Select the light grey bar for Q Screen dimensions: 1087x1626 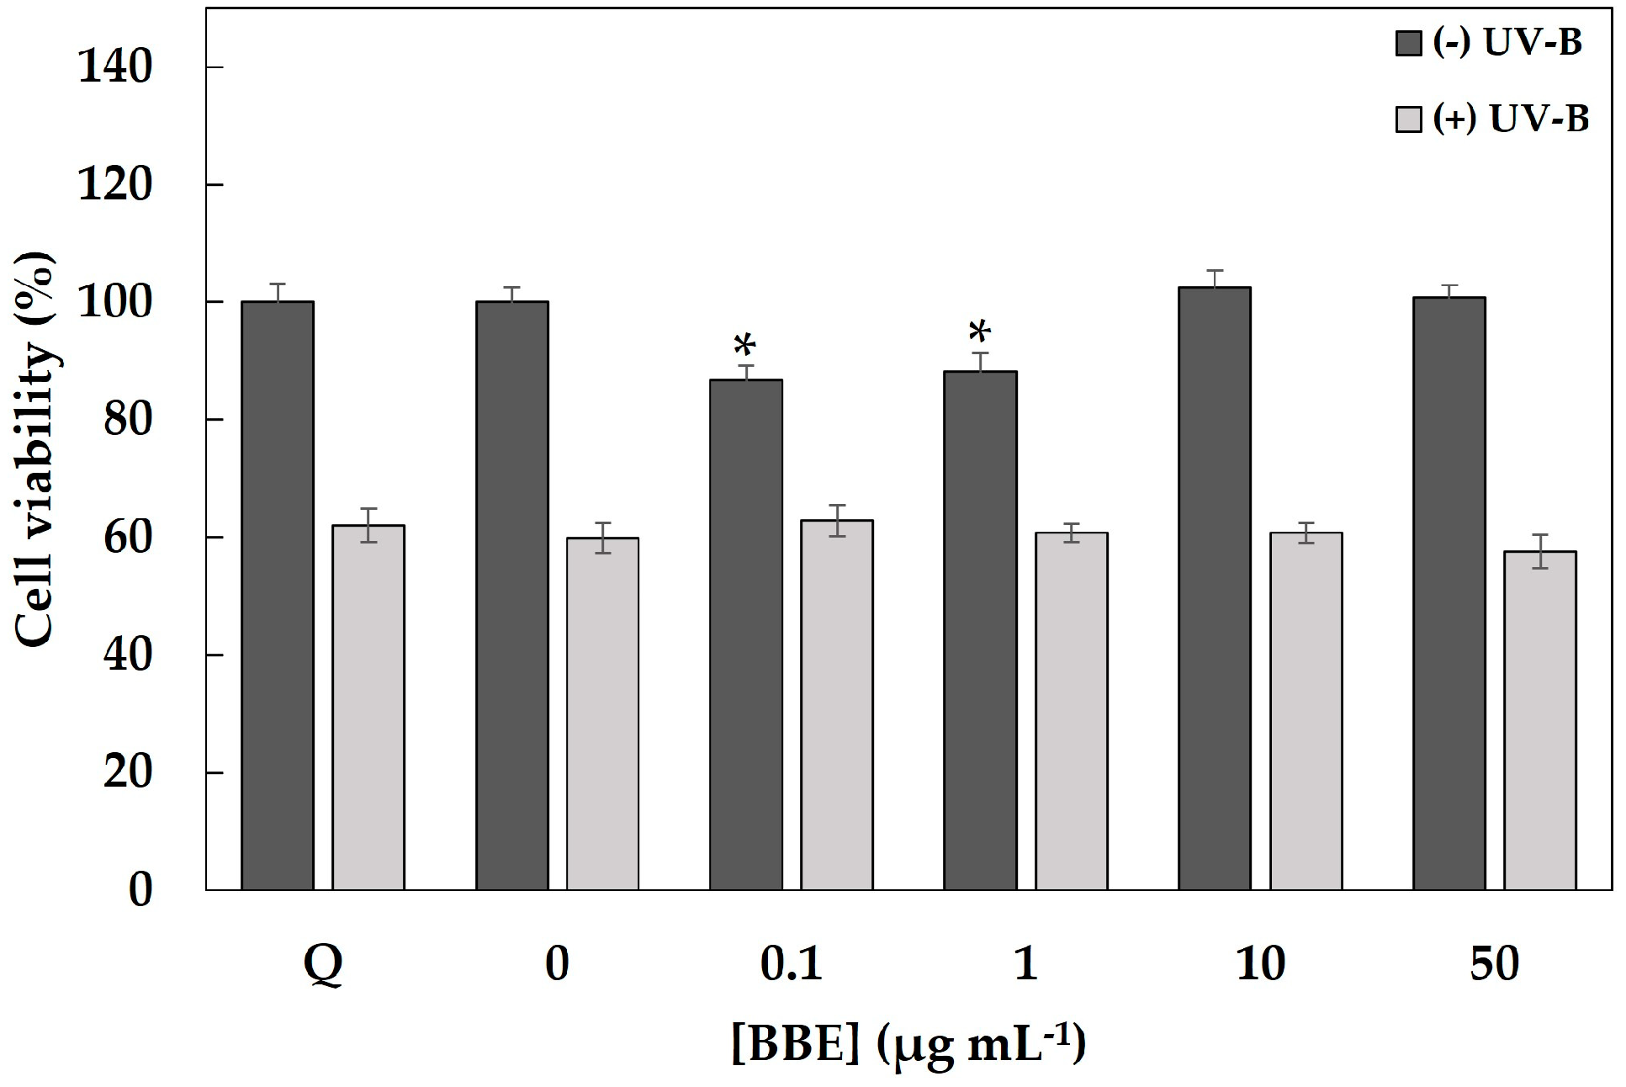tap(368, 707)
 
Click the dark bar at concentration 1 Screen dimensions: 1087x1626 tap(981, 630)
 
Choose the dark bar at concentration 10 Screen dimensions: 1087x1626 tap(1215, 588)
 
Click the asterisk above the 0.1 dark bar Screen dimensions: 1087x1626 tap(745, 346)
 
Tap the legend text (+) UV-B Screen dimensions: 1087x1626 tap(1511, 119)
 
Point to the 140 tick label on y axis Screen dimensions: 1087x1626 tap(115, 67)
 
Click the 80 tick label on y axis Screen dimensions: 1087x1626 tap(128, 420)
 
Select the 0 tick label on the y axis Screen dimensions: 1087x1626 tap(140, 890)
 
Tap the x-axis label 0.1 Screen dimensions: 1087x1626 tap(791, 964)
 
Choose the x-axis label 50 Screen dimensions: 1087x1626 tap(1495, 964)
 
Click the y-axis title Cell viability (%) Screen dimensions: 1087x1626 tap(36, 449)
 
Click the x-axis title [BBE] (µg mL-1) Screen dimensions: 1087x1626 tap(908, 1044)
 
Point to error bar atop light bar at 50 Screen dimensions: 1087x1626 tap(1540, 551)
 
